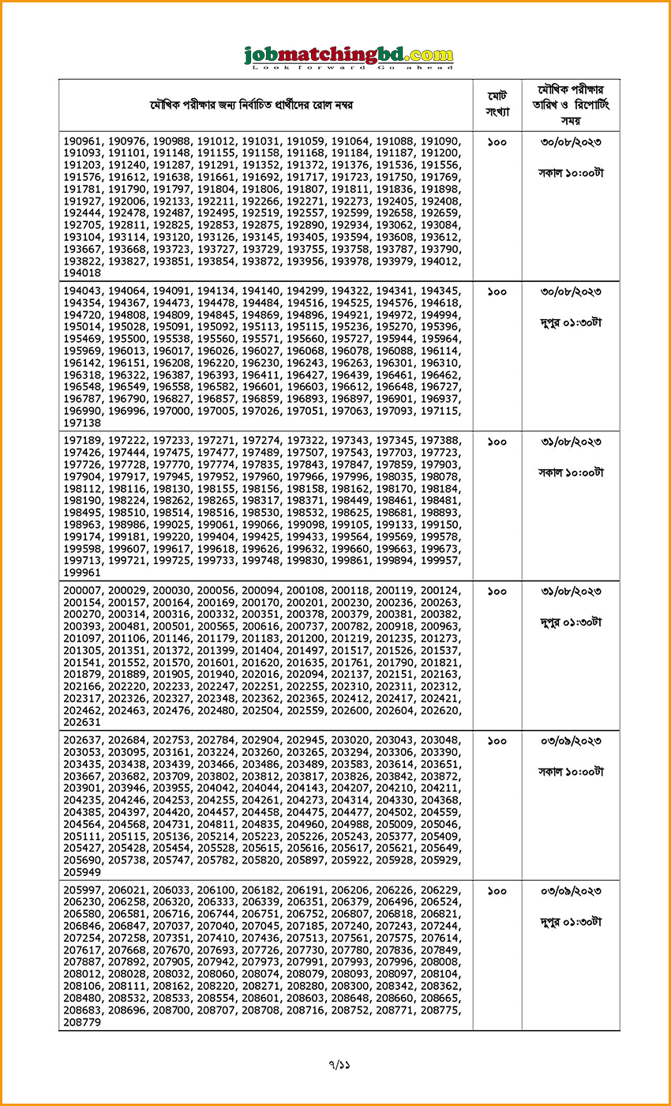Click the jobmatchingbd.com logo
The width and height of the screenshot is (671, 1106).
point(349,55)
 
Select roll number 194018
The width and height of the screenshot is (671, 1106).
point(83,273)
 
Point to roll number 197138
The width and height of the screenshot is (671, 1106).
point(83,423)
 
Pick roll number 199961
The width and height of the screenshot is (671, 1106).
point(83,573)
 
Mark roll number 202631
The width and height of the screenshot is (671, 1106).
point(83,722)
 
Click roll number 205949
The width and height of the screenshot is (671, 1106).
point(83,872)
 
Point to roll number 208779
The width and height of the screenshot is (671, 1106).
point(83,1022)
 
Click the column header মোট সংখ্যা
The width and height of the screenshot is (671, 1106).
point(497,104)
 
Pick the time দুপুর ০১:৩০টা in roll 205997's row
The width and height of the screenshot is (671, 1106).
point(571,921)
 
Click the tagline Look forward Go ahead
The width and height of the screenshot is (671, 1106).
point(349,68)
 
